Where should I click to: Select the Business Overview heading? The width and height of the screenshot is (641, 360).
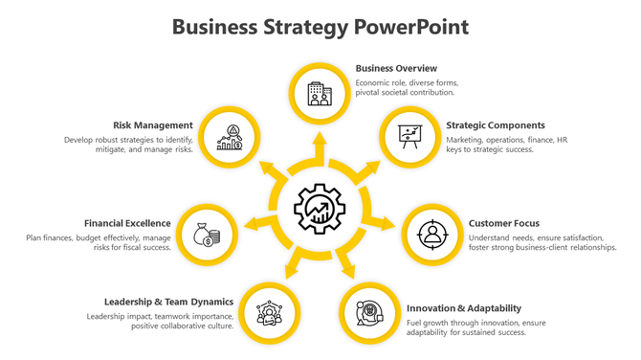click(x=396, y=69)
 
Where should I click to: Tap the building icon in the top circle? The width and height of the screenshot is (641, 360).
click(x=320, y=93)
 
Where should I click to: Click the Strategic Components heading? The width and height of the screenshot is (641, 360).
click(x=495, y=125)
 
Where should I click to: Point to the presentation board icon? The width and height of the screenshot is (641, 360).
click(x=410, y=138)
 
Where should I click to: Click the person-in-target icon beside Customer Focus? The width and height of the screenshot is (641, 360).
click(x=432, y=234)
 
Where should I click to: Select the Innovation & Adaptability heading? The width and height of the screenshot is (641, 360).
click(x=464, y=308)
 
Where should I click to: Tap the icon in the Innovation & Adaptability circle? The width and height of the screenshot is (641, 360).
click(x=370, y=312)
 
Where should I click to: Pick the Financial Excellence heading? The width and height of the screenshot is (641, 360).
click(x=127, y=224)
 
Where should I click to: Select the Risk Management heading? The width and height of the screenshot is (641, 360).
click(x=153, y=125)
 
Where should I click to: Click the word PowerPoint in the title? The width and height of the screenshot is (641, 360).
click(x=411, y=27)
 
